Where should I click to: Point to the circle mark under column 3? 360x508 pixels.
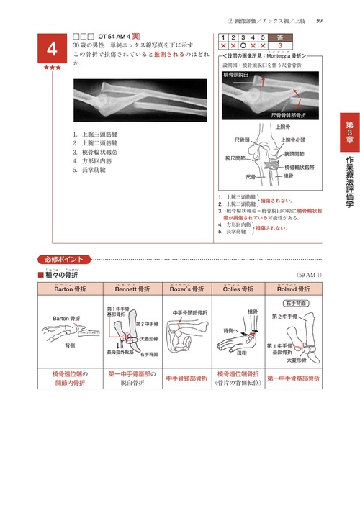244,45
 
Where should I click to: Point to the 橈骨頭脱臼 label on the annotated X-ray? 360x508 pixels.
240,74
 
